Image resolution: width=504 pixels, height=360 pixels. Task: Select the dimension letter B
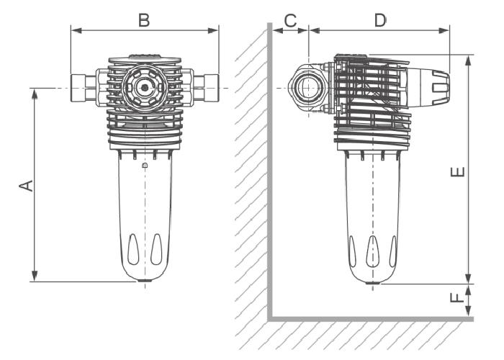[144, 20]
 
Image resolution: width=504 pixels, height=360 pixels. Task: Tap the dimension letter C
[289, 20]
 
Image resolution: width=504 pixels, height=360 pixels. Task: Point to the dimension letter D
[379, 20]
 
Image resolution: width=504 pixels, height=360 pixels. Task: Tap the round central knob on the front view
[145, 88]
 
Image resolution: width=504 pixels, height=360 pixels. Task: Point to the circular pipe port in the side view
[308, 88]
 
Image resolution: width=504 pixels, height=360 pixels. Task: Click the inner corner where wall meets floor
[271, 318]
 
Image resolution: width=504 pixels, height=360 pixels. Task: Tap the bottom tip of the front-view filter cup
[145, 282]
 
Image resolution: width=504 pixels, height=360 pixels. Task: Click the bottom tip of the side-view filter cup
[372, 283]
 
